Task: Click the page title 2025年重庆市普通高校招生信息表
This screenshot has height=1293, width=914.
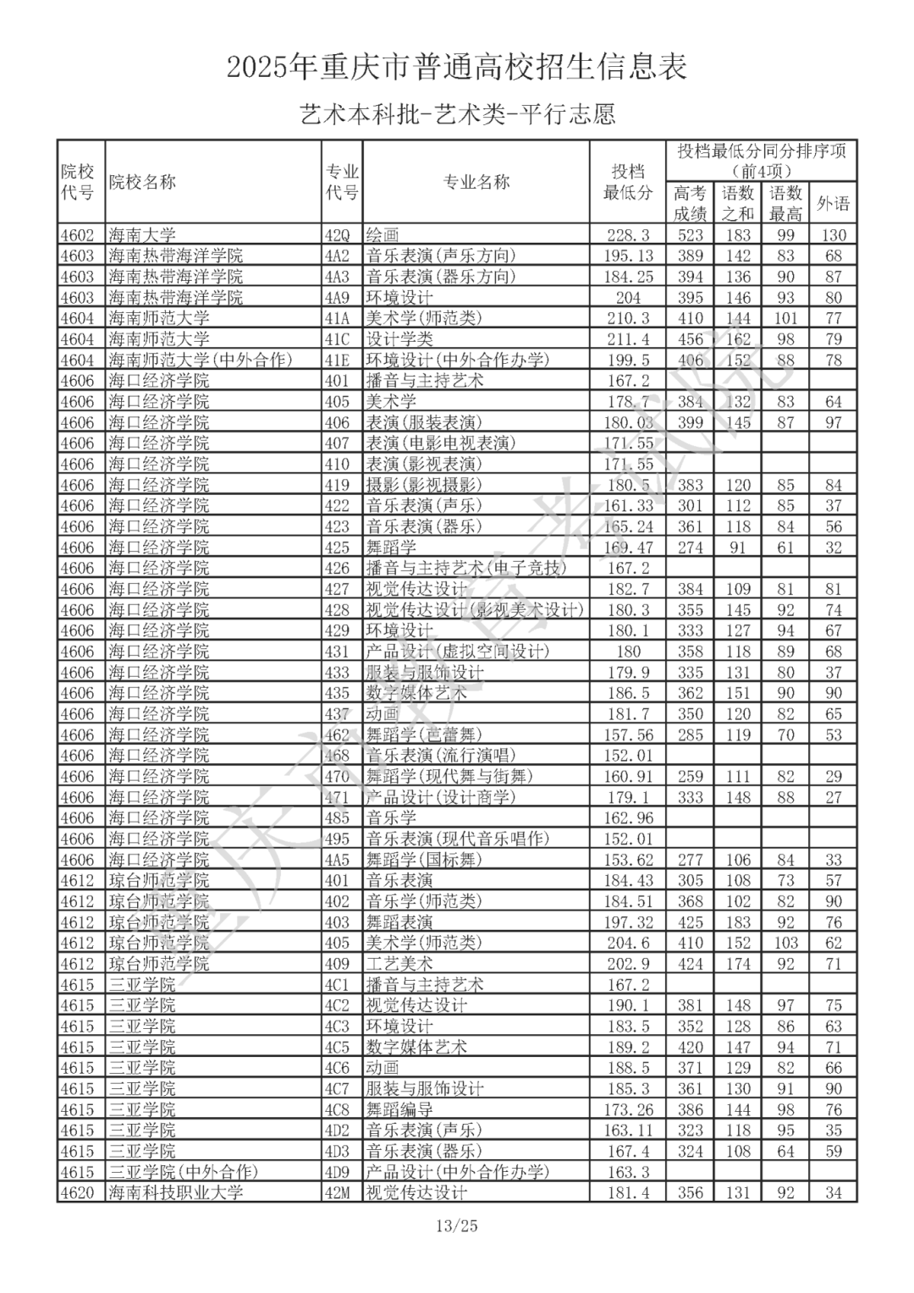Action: [457, 67]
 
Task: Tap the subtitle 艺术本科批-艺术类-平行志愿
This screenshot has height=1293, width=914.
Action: [457, 114]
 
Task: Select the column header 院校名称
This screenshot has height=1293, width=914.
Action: [142, 182]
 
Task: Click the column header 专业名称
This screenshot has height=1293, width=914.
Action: [476, 182]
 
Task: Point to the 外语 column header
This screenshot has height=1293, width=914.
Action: [833, 203]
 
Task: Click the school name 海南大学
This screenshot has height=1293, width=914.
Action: [142, 235]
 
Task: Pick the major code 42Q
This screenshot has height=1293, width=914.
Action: [337, 235]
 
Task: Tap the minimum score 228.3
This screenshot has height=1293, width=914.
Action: [628, 235]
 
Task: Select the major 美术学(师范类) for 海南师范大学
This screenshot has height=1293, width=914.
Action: [423, 318]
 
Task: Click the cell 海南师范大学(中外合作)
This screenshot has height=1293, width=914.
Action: [201, 360]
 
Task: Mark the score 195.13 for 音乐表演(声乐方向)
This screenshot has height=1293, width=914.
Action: [628, 256]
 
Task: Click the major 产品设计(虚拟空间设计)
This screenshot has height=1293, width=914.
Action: [458, 652]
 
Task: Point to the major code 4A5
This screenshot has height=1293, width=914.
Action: [337, 860]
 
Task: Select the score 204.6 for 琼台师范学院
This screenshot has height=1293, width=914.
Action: [628, 943]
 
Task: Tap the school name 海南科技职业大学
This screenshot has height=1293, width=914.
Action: [176, 1192]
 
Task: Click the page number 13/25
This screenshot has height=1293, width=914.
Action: [457, 1225]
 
